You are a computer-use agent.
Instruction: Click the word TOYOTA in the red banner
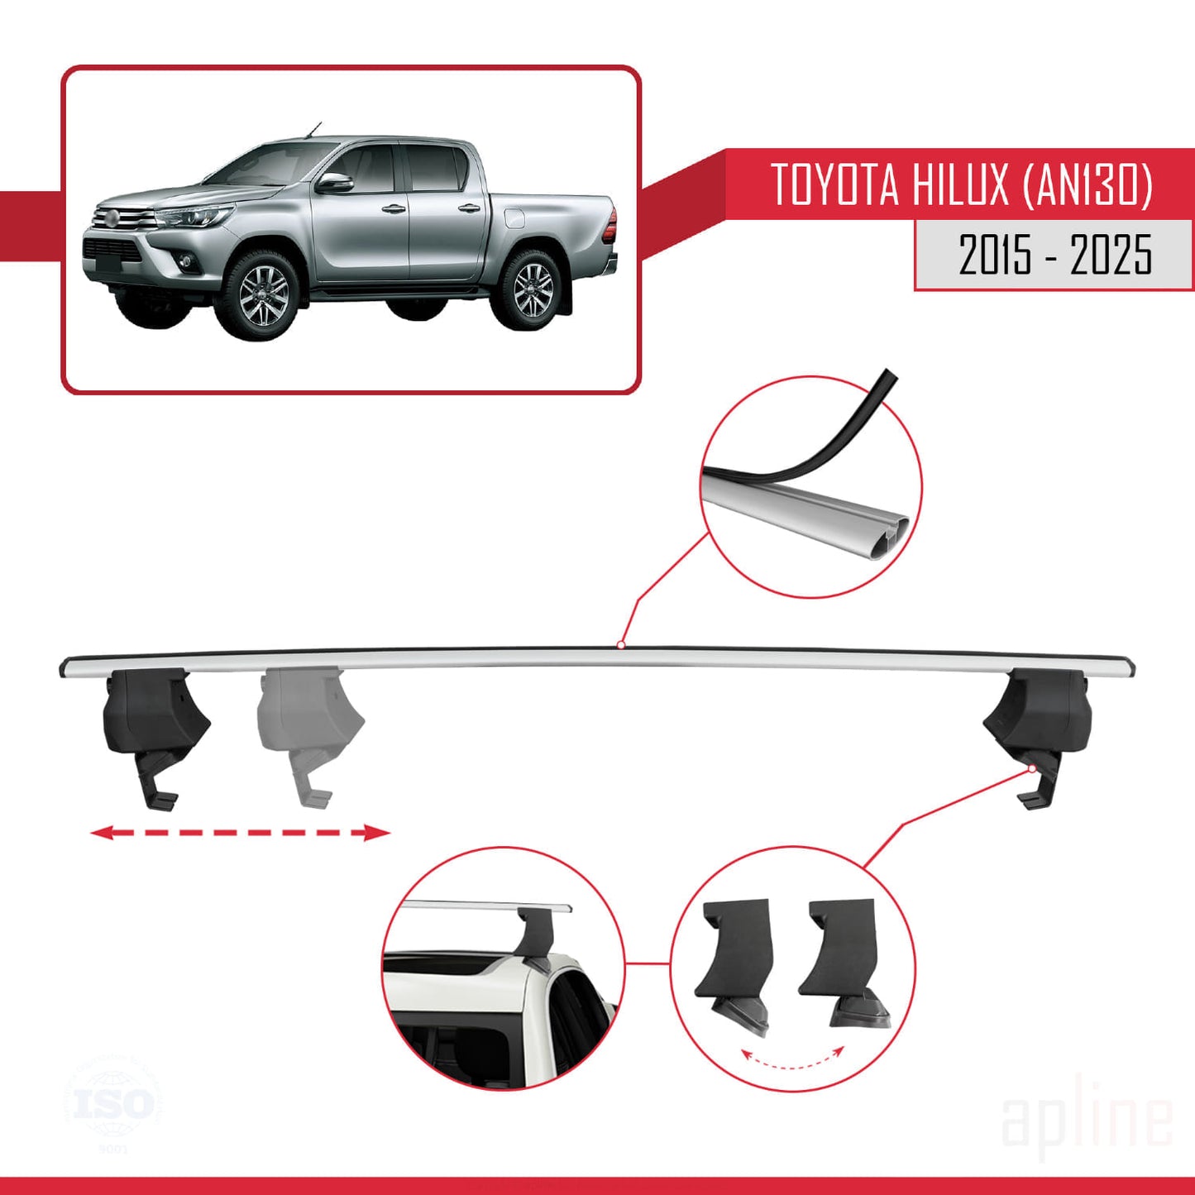tap(834, 184)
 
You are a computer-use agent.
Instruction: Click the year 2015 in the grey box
tap(995, 255)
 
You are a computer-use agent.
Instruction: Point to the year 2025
tap(1111, 255)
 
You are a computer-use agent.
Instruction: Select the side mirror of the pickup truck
tap(333, 183)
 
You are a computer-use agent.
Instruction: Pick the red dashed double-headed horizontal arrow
tap(239, 832)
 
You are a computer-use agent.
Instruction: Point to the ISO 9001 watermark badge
tap(113, 1105)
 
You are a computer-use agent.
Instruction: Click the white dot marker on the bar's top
tap(620, 645)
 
